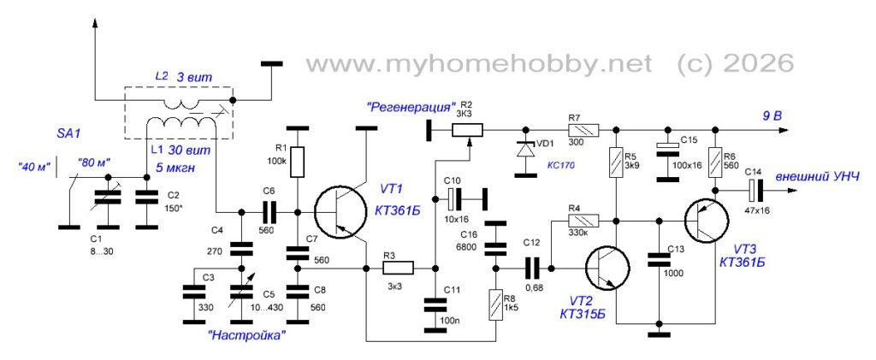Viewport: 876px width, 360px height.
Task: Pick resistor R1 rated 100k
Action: point(298,162)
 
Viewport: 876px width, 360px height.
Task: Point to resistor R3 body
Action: point(399,269)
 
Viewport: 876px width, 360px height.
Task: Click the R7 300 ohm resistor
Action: point(583,131)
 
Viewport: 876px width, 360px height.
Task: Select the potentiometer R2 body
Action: point(468,131)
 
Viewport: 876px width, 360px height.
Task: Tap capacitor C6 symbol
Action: point(269,212)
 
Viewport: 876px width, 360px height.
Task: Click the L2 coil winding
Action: point(180,103)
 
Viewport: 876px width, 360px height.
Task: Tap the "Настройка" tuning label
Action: point(247,336)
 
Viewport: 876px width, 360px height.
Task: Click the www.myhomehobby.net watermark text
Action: point(479,64)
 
